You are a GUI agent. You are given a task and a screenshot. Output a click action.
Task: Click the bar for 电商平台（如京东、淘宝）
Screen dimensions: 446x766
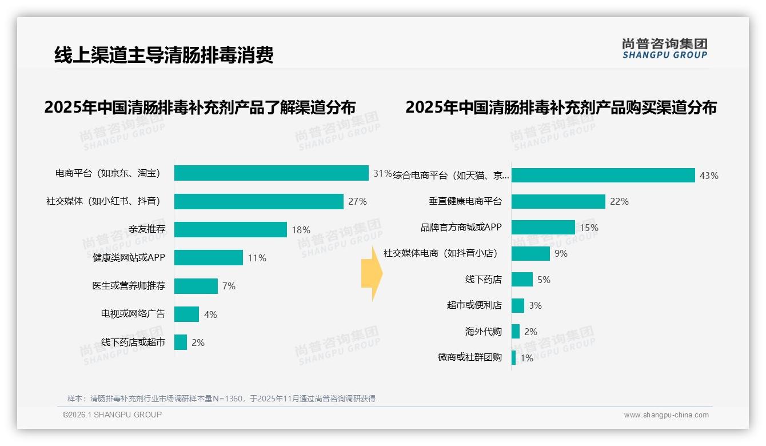(x=271, y=173)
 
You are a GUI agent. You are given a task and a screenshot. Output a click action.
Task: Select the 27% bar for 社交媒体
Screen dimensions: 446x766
(x=258, y=201)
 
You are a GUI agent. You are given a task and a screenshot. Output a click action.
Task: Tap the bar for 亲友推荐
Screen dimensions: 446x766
(x=230, y=229)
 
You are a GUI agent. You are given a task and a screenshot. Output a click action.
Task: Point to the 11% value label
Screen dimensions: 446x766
(x=257, y=258)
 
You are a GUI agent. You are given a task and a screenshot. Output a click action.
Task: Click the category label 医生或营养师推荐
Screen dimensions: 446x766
(x=129, y=286)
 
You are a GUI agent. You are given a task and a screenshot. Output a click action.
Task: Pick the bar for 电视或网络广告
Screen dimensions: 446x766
(x=186, y=314)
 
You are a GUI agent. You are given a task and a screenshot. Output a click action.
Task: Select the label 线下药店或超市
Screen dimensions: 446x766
(x=133, y=343)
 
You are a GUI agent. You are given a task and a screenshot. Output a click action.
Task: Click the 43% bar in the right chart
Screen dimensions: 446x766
(x=603, y=176)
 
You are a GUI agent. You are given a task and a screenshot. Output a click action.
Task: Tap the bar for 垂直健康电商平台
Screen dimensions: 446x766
(x=558, y=201)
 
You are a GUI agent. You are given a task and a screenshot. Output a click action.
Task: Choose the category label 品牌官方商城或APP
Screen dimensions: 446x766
(x=461, y=228)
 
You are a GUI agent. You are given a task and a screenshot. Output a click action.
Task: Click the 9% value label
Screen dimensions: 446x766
(x=561, y=253)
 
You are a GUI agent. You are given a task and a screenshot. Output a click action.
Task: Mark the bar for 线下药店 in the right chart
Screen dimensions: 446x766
(x=522, y=280)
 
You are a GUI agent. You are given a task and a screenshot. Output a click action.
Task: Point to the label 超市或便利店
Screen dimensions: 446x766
(x=474, y=305)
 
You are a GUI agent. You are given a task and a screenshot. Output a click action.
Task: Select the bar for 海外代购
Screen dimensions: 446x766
(x=516, y=332)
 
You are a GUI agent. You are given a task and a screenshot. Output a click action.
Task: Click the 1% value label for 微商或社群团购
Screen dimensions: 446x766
(x=526, y=358)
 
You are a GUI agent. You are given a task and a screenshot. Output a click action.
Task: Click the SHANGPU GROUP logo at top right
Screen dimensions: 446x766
(x=664, y=49)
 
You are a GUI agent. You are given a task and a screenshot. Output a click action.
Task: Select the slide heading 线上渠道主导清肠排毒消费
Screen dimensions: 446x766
(x=164, y=55)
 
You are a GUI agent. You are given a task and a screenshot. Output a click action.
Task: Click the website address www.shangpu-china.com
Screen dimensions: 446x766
(x=666, y=415)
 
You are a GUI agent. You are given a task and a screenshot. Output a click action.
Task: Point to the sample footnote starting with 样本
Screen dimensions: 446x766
(x=221, y=399)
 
